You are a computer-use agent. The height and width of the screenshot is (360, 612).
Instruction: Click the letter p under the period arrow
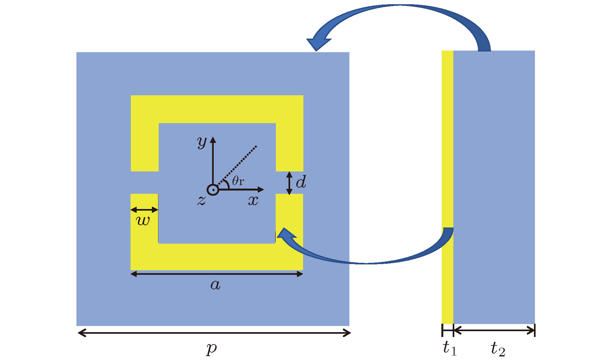[x=211, y=349]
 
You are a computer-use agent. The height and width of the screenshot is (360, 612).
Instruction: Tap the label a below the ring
[x=215, y=285]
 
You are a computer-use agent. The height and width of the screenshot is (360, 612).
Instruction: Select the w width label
[x=143, y=221]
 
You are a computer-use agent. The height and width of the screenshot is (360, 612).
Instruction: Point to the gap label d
[x=301, y=182]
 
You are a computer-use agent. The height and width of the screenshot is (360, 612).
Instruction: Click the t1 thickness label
[x=450, y=348]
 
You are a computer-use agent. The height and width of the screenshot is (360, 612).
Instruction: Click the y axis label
[x=202, y=142]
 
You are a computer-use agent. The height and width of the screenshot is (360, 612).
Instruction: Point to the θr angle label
[x=238, y=181]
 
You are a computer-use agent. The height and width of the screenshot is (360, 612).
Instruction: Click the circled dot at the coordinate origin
[x=213, y=190]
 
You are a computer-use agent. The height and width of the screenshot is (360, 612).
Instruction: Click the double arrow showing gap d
[x=289, y=183]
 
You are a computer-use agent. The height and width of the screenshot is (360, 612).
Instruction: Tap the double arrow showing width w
[x=144, y=210]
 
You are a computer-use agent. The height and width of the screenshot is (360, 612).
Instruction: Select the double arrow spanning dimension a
[x=217, y=274]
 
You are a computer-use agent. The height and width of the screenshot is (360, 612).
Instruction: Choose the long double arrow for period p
[x=214, y=333]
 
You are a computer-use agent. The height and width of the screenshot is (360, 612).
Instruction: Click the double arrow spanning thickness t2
[x=494, y=331]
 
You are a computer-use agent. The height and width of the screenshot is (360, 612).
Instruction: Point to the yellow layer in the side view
[x=448, y=187]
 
